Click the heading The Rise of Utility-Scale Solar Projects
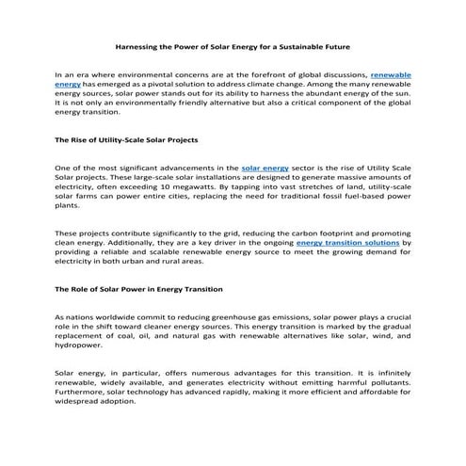pyautogui.click(x=126, y=139)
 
